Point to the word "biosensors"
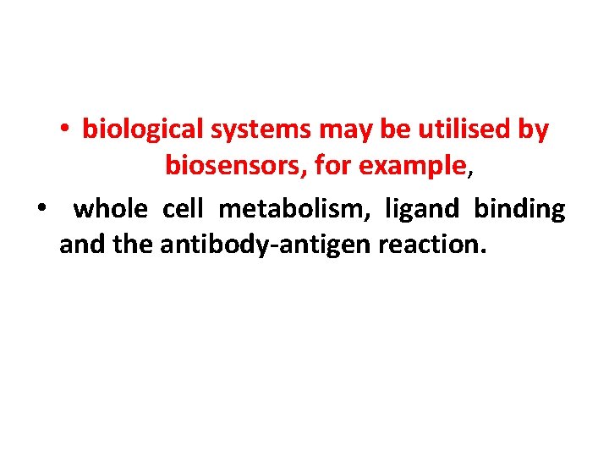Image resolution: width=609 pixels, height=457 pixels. click(x=235, y=167)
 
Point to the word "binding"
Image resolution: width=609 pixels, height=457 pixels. click(x=519, y=208)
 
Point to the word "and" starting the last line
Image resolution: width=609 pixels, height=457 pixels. click(x=80, y=245)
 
